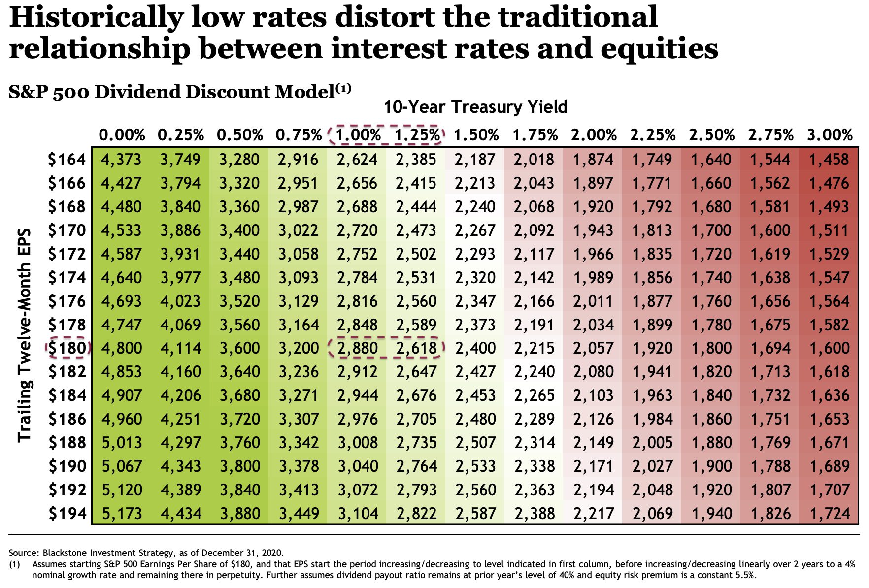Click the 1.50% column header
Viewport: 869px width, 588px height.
point(476,134)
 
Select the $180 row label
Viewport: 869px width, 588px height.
point(67,348)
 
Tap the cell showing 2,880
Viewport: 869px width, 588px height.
point(358,348)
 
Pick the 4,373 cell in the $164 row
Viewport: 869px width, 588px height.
point(121,160)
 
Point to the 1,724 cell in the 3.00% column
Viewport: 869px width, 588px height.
point(830,514)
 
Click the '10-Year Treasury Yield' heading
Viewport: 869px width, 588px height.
point(475,107)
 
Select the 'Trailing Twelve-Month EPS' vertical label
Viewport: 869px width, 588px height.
point(25,335)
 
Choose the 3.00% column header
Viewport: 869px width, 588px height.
point(830,134)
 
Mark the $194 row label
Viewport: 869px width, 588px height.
point(67,514)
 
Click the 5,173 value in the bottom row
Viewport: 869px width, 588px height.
point(121,514)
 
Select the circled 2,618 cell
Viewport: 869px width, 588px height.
point(417,348)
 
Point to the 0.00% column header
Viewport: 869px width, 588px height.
point(122,134)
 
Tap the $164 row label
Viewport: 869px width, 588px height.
point(67,160)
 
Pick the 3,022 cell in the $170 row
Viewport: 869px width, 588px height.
point(299,230)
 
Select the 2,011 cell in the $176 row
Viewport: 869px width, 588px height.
point(594,301)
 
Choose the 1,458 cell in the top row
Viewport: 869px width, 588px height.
point(830,160)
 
